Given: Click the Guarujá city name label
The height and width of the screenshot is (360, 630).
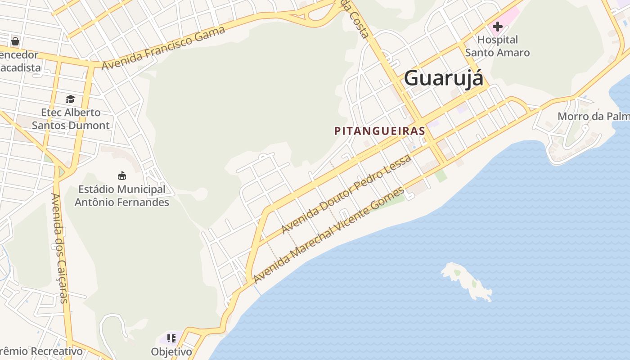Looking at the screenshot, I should (x=443, y=78).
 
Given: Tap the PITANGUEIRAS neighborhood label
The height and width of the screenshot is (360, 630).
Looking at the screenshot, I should (x=379, y=131).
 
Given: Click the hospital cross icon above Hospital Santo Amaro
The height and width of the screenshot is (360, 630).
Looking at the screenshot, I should (x=497, y=27).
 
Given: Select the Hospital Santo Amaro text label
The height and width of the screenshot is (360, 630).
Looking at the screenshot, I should (x=497, y=46).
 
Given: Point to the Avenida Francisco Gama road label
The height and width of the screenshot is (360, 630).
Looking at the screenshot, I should (x=163, y=48).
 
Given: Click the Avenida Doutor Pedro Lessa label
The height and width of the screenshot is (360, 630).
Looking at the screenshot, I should (x=346, y=194).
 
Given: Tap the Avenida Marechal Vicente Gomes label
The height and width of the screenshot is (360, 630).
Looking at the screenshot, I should (x=328, y=235).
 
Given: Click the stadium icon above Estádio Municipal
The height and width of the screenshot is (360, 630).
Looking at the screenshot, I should (x=121, y=175).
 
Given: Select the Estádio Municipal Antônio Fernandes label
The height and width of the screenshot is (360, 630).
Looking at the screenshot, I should (x=121, y=196).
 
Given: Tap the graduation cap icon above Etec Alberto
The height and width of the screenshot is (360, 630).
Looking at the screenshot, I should (x=70, y=99).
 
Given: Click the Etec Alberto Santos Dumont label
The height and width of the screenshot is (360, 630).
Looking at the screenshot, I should (x=71, y=119).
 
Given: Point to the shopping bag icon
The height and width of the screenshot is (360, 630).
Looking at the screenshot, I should (x=15, y=42).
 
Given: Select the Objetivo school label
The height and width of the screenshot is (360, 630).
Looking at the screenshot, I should (x=171, y=351).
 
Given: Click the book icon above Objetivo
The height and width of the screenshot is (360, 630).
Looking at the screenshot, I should (x=171, y=338).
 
